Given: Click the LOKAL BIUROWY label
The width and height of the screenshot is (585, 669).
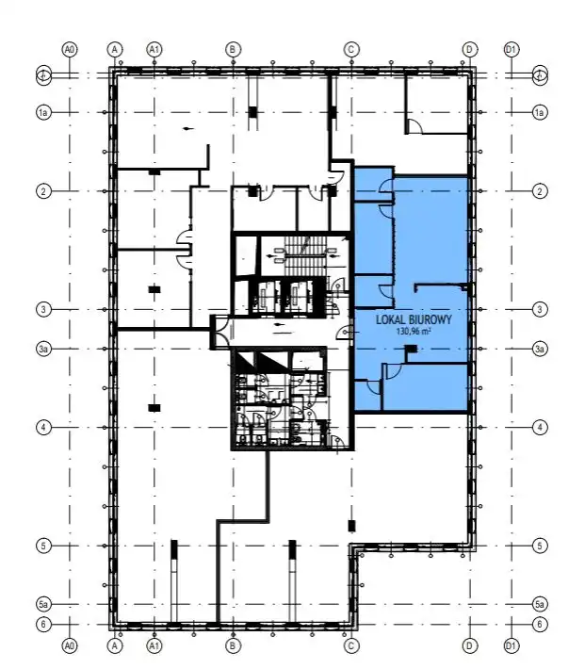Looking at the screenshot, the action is click(x=414, y=319).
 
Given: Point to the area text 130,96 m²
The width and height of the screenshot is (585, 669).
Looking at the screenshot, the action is click(x=414, y=331).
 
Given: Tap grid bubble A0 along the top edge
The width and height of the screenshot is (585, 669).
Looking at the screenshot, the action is click(x=70, y=50).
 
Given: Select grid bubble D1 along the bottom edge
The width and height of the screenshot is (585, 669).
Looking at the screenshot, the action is click(x=511, y=645).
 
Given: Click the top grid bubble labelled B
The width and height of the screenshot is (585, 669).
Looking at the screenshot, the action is click(x=233, y=50).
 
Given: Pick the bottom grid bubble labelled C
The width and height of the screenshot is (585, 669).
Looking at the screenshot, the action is click(x=351, y=645).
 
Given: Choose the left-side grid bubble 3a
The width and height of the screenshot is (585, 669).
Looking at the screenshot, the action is click(x=43, y=349).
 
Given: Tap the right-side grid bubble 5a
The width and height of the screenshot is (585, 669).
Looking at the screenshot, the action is click(x=540, y=604).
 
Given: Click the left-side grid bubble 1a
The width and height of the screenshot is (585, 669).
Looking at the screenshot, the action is click(x=43, y=113).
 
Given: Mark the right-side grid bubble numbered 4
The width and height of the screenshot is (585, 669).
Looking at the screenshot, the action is click(x=540, y=427).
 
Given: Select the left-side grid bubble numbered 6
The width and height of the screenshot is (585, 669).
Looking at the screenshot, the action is click(x=43, y=624).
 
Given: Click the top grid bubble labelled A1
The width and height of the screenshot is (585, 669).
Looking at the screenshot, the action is click(x=154, y=50).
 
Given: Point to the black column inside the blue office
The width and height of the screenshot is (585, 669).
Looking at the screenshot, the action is click(x=411, y=349).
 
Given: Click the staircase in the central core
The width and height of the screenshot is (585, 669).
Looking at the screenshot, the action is click(x=305, y=256).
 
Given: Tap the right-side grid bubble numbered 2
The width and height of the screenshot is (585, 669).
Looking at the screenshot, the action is click(x=540, y=191).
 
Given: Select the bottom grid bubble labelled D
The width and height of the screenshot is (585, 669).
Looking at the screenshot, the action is click(x=470, y=645).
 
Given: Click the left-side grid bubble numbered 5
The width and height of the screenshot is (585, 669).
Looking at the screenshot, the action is click(x=43, y=546).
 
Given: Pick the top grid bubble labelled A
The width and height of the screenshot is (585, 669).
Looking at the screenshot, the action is click(x=114, y=50).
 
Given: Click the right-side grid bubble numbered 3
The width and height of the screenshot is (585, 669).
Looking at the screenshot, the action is click(x=540, y=309).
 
